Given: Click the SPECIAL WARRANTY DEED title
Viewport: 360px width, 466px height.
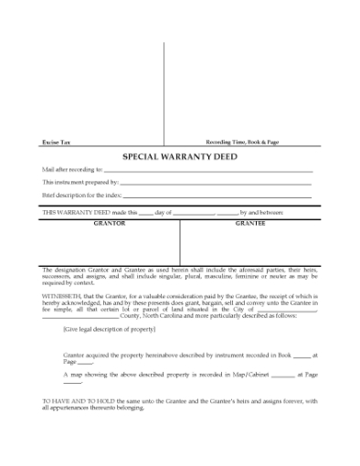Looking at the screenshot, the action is [x=179, y=157].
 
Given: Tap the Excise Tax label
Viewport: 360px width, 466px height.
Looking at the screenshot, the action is [x=54, y=143].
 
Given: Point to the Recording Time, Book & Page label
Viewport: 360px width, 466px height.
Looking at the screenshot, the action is [x=241, y=143].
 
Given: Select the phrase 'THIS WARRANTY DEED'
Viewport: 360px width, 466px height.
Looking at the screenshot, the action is [x=76, y=211].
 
